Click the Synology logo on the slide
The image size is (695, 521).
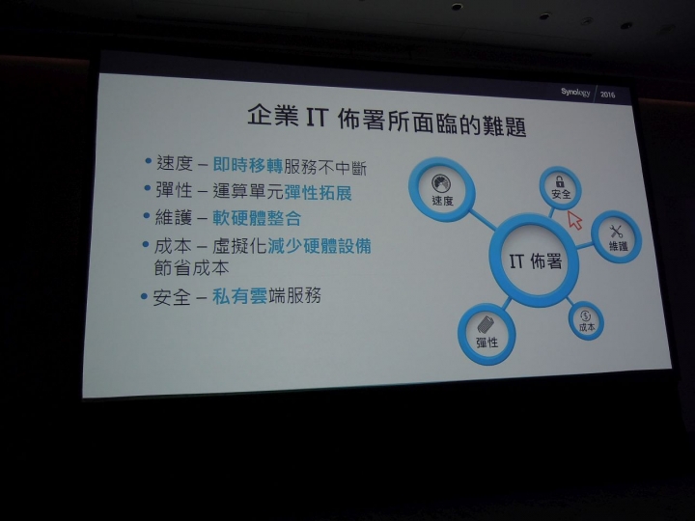[x=575, y=93]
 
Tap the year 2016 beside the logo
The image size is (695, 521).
[x=607, y=95]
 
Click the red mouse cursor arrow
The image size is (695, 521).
[x=575, y=220]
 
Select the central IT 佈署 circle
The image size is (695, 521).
[x=534, y=260]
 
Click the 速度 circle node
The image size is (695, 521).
[x=441, y=190]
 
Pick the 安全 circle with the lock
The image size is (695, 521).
[x=560, y=188]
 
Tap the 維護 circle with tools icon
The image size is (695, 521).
[x=617, y=237]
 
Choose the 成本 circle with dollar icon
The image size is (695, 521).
[x=586, y=320]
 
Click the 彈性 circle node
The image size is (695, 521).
[x=486, y=334]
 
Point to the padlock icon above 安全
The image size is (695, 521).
[x=560, y=181]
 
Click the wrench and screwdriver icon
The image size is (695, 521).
[x=616, y=232]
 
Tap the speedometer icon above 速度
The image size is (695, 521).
[x=440, y=183]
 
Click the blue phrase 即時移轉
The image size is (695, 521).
[x=248, y=165]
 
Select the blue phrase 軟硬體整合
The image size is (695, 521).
[x=257, y=218]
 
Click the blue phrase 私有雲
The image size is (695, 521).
[x=239, y=296]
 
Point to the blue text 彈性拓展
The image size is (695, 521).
[x=318, y=193]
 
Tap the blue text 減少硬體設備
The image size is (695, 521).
[x=320, y=246]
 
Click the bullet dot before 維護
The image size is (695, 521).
[x=147, y=216]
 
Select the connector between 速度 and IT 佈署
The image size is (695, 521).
[x=483, y=220]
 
